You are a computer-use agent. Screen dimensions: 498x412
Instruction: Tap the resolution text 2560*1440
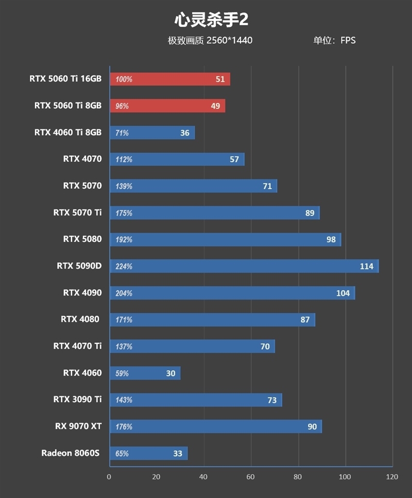(x=229, y=40)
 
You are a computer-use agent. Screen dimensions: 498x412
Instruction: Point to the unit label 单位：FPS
(x=334, y=40)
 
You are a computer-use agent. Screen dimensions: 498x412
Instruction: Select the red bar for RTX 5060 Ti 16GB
(x=170, y=79)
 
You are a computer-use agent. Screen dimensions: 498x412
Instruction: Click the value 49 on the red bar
(x=215, y=106)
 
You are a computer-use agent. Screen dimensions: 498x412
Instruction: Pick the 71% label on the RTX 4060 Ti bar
(x=122, y=133)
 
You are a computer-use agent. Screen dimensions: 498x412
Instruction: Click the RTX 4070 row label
(x=82, y=159)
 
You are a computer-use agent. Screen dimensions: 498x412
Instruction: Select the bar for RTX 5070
(x=193, y=186)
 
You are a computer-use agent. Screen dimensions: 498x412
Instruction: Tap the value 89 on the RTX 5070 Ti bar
(x=310, y=213)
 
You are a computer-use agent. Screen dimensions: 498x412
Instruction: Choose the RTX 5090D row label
(x=79, y=267)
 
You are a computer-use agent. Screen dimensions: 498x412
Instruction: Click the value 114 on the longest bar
(x=367, y=267)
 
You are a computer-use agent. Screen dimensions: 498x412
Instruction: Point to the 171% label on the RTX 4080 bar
(x=124, y=320)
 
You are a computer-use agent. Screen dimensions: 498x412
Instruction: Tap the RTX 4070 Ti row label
(x=77, y=346)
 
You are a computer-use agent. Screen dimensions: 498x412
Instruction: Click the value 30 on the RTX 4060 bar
(x=170, y=373)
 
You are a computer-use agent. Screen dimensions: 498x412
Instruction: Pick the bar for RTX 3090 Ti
(x=196, y=400)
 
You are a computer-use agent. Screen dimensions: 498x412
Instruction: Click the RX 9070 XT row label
(x=78, y=426)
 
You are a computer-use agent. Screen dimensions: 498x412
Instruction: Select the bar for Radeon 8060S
(x=148, y=454)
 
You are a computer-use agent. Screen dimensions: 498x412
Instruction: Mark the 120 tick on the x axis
(x=392, y=477)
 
